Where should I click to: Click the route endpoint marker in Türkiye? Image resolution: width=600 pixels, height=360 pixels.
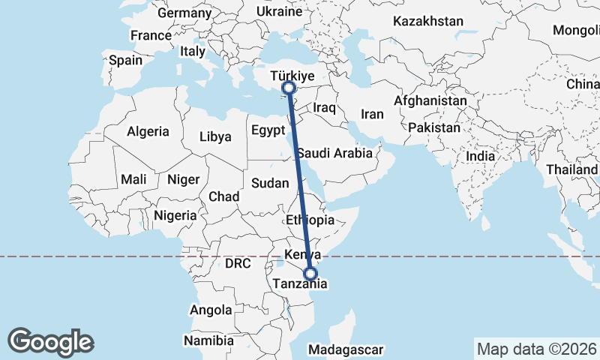click(289, 88)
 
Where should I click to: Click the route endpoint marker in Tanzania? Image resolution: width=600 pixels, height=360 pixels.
click(311, 274)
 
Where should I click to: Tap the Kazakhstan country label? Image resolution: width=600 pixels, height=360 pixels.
click(427, 22)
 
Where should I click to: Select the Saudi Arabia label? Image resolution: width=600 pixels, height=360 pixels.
click(334, 153)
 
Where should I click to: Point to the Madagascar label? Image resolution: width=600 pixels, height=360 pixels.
click(346, 349)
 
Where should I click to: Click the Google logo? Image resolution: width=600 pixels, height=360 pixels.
click(51, 341)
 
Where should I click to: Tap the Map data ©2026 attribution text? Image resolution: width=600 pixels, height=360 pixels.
click(536, 349)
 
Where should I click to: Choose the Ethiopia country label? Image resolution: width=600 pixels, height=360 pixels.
click(310, 220)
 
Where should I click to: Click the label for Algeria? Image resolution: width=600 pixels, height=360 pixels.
click(148, 131)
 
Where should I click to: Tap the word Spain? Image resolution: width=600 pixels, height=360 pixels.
click(125, 60)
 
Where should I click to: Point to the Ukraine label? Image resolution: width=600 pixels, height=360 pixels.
click(278, 12)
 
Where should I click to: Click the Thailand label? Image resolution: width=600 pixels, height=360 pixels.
click(571, 170)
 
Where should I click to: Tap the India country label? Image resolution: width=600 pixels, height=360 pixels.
click(480, 156)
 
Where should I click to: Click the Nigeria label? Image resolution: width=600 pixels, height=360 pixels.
click(175, 215)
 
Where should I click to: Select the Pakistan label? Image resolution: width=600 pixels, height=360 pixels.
click(434, 127)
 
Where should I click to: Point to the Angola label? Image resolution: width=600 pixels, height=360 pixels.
click(211, 310)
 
